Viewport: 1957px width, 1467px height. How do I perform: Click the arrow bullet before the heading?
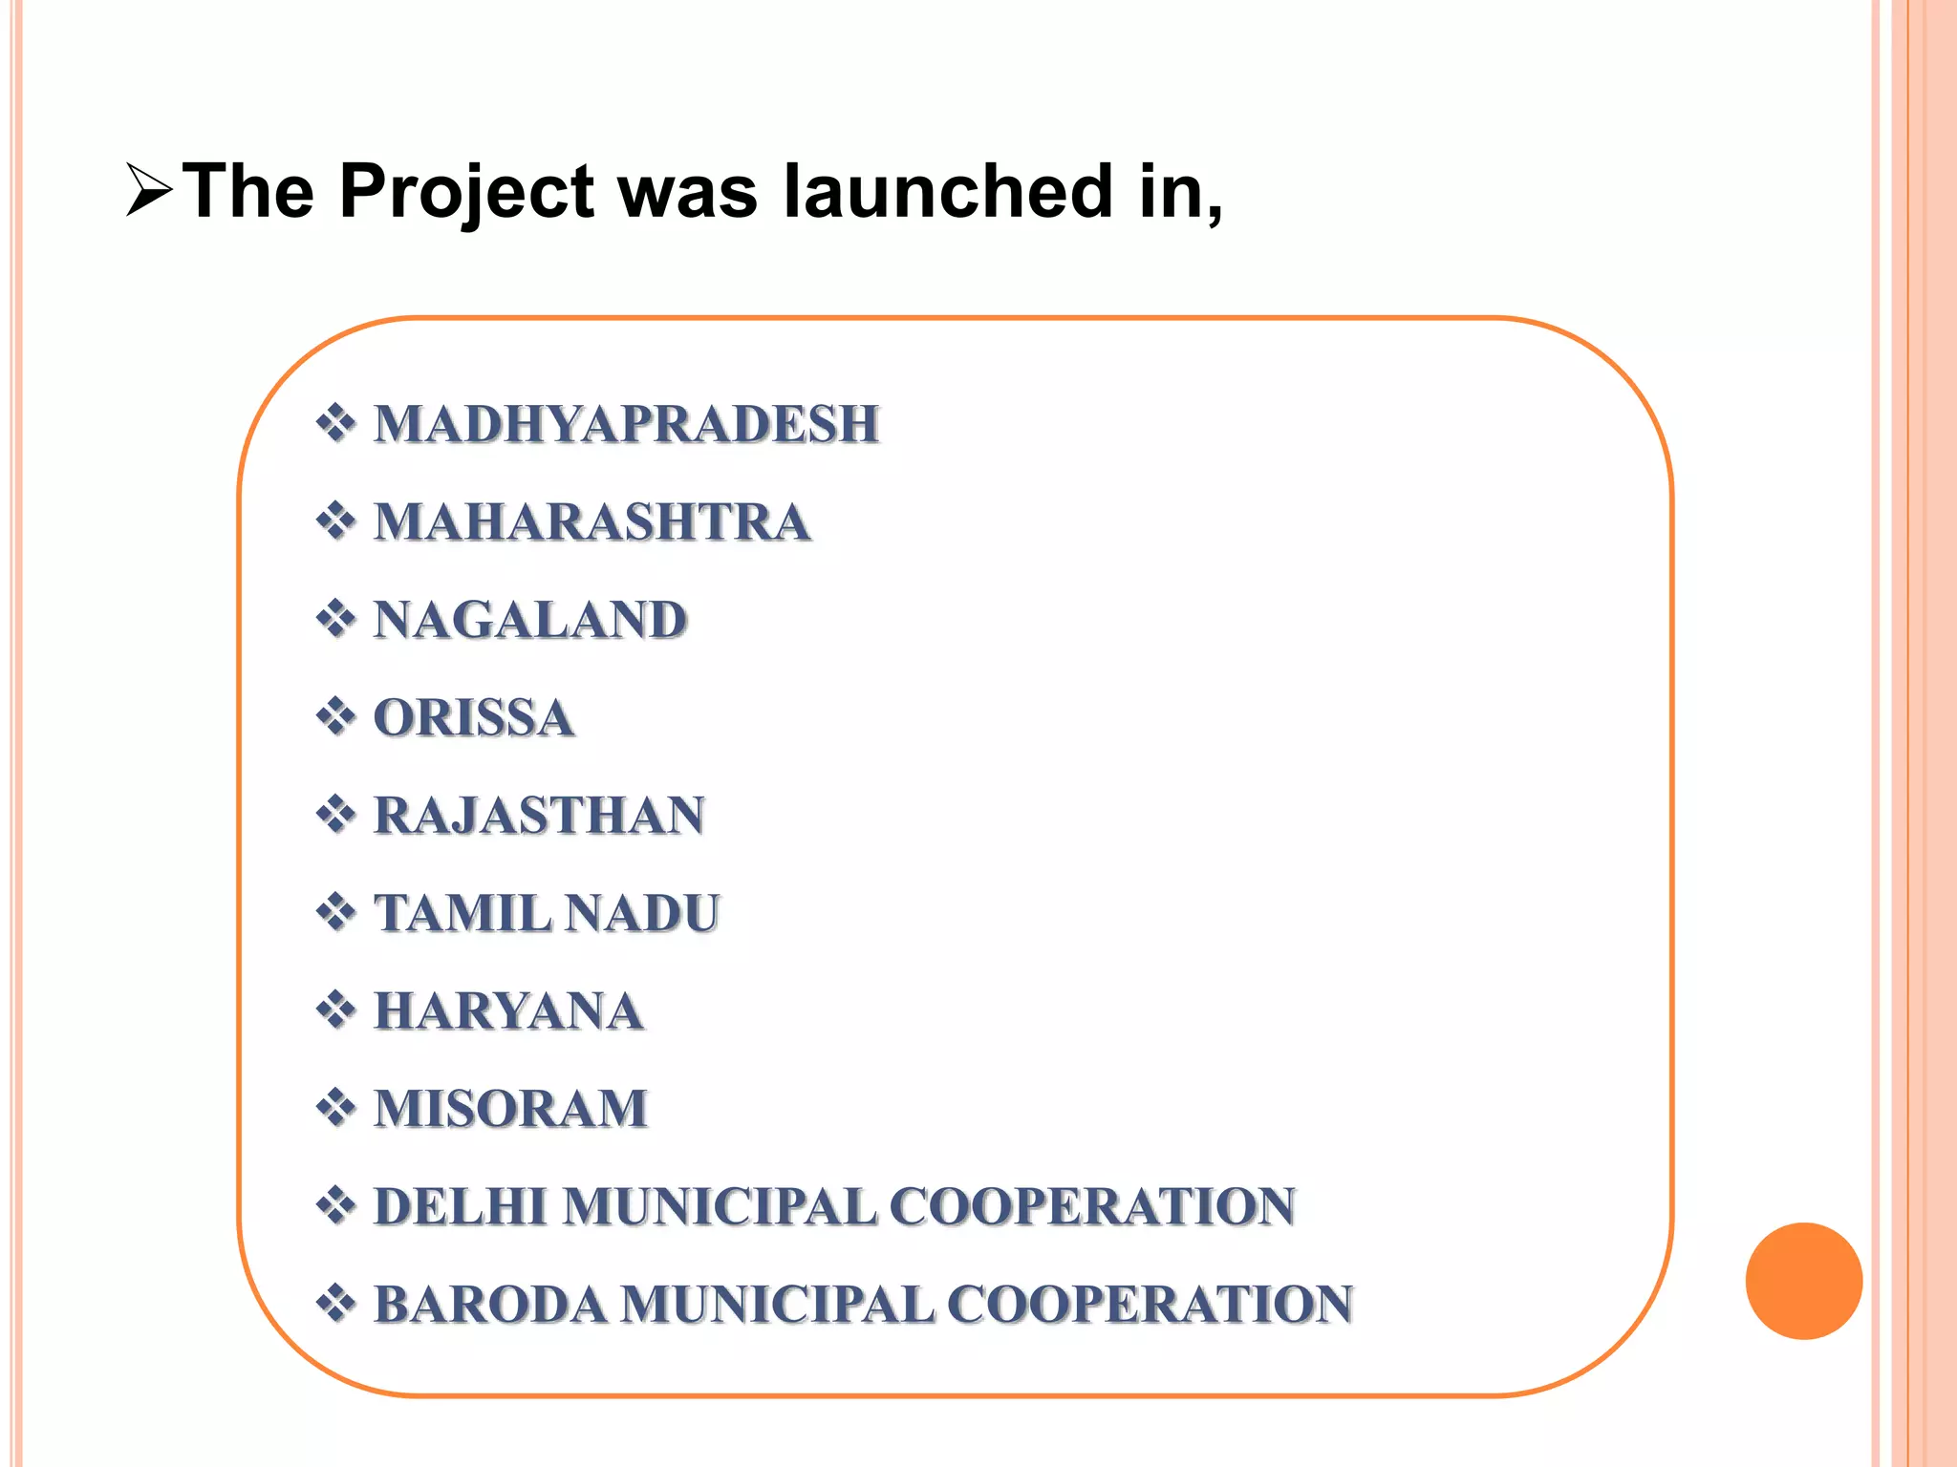pos(148,191)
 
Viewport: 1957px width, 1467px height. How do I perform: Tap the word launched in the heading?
pos(948,191)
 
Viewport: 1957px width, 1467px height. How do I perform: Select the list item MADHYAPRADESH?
pos(626,424)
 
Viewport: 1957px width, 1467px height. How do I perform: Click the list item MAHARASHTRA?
pos(592,522)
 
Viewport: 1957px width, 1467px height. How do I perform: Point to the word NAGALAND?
pos(530,620)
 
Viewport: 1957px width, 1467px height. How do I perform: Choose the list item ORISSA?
pos(474,718)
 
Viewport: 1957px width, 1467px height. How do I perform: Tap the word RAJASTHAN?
pos(539,816)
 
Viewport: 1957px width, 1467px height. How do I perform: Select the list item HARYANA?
pos(508,1011)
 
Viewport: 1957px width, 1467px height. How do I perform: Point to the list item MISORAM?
pos(510,1109)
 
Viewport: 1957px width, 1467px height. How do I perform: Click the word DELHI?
pos(461,1206)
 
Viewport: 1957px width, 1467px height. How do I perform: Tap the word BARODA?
pos(489,1305)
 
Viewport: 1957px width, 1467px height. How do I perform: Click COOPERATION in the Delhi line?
pos(1092,1206)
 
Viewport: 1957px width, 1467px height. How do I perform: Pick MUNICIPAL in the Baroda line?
pos(777,1305)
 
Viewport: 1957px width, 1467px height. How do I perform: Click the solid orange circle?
pos(1803,1281)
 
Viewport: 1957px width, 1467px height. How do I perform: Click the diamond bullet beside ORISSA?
pos(335,716)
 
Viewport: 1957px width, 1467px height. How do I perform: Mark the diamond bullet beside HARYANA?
pos(335,1010)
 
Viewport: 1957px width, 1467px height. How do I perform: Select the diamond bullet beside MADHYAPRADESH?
pos(335,423)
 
